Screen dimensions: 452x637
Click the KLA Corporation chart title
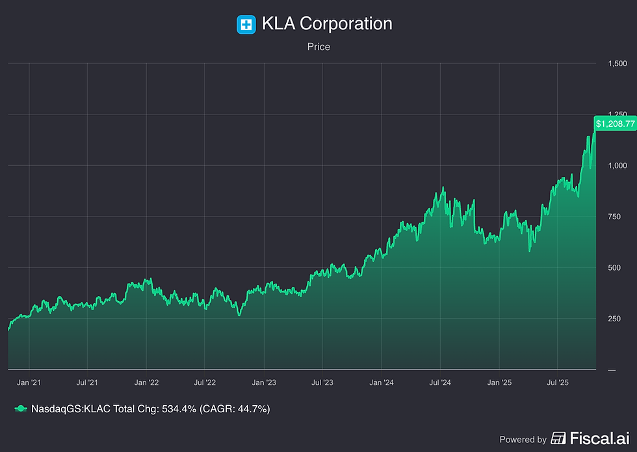pyautogui.click(x=327, y=24)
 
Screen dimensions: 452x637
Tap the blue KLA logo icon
pyautogui.click(x=246, y=25)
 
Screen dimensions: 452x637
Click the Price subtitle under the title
pyautogui.click(x=318, y=47)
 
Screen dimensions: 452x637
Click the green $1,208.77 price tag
pyautogui.click(x=615, y=123)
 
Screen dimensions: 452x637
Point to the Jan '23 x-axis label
pyautogui.click(x=263, y=384)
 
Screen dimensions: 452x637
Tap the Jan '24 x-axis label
pyautogui.click(x=382, y=384)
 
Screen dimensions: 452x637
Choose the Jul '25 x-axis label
pyautogui.click(x=558, y=384)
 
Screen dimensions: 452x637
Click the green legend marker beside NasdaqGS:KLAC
pyautogui.click(x=21, y=408)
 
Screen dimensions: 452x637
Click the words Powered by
pyautogui.click(x=523, y=439)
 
